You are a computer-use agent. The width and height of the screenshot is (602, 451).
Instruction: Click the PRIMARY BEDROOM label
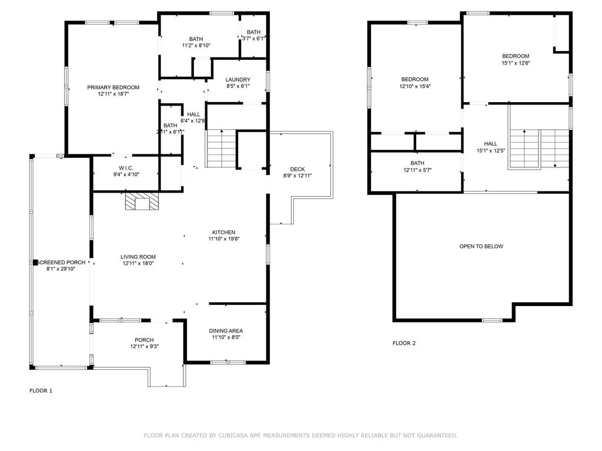[113, 87]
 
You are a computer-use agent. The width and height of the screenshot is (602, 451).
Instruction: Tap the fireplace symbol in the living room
[142, 203]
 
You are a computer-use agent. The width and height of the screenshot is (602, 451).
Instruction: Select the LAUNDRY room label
[238, 80]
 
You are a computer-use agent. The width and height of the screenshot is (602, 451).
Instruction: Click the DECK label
[297, 170]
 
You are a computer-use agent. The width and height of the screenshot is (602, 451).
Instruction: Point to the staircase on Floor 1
[220, 149]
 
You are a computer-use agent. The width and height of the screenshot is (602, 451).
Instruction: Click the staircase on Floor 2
[539, 149]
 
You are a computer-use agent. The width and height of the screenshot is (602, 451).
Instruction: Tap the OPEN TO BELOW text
[481, 247]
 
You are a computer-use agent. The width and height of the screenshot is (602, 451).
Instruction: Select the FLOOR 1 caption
[41, 391]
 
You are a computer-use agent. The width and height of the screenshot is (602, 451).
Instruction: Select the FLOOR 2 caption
[404, 344]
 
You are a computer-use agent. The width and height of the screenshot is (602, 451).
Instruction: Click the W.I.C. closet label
[126, 168]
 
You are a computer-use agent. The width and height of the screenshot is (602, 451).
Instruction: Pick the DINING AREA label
[227, 331]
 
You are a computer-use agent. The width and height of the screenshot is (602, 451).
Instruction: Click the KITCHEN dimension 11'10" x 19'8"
[224, 239]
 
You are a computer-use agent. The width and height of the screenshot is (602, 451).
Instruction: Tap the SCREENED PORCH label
[61, 262]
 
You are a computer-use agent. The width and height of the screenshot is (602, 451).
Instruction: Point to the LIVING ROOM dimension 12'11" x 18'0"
[138, 264]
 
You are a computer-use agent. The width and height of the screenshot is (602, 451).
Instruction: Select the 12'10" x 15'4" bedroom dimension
[414, 86]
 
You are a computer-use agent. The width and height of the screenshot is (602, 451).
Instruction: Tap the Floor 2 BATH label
[417, 163]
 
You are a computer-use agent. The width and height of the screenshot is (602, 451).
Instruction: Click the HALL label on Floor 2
[490, 144]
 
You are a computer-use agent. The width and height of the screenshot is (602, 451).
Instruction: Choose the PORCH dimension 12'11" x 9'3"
[144, 346]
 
